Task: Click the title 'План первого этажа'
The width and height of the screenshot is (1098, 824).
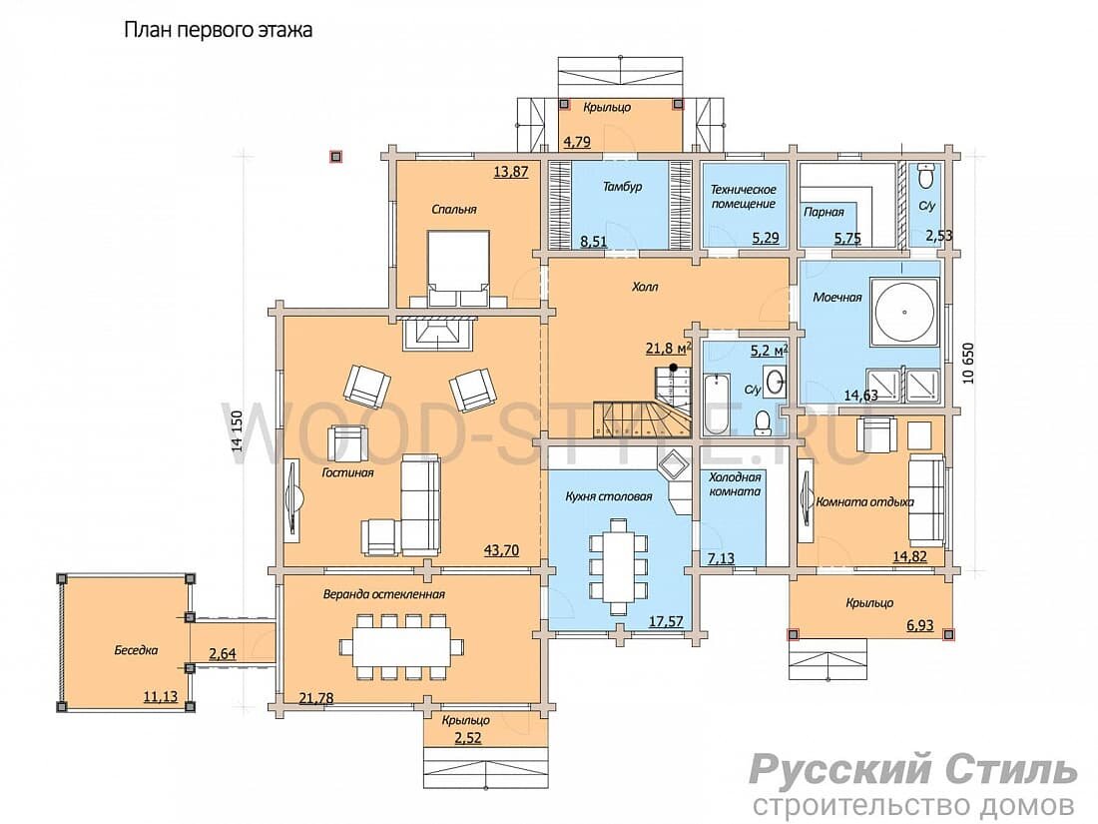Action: [x=218, y=31]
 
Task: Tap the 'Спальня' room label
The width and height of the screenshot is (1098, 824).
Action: [x=454, y=209]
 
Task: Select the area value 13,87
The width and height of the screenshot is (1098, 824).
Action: [x=510, y=171]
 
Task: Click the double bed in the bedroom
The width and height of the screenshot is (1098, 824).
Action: [x=458, y=269]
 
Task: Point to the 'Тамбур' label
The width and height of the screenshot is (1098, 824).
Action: [x=622, y=187]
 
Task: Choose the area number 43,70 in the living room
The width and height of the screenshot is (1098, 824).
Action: [x=501, y=550]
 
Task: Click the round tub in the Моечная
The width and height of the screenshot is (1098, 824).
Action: [x=903, y=312]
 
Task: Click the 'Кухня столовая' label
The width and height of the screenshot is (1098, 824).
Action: [x=609, y=496]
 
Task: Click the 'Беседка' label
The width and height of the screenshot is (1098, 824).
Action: [x=136, y=650]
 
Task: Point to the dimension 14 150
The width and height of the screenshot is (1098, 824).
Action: [x=237, y=430]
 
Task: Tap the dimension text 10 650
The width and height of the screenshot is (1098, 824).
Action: [x=968, y=364]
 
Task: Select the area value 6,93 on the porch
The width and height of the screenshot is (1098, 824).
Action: [x=920, y=625]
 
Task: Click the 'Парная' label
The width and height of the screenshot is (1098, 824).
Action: [x=823, y=212]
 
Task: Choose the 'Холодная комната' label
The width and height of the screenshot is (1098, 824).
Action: [x=735, y=484]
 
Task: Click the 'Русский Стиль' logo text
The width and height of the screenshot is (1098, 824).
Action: [x=913, y=769]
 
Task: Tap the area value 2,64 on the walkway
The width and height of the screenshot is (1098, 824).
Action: [x=223, y=654]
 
